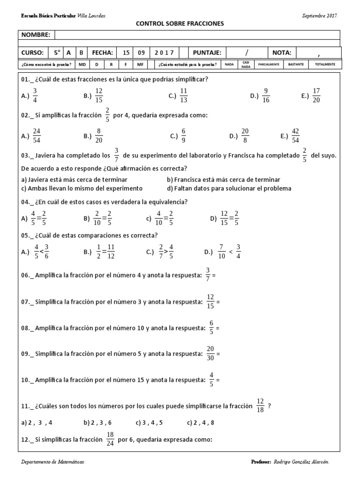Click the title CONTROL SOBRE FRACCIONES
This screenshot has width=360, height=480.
pos(180,23)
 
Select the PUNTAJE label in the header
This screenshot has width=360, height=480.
pos(207,52)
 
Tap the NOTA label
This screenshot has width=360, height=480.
pos(281,52)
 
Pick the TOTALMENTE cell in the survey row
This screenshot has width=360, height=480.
pos(325,64)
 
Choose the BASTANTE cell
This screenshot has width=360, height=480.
pos(296,64)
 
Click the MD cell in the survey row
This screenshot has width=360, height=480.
pos(82,64)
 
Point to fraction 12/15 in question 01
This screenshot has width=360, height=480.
pos(99,96)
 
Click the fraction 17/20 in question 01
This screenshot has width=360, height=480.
pos(315,96)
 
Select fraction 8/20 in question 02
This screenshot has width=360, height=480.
pos(99,136)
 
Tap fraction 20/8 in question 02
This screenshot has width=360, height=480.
pos(245,136)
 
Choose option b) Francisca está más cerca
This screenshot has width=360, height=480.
pos(224,180)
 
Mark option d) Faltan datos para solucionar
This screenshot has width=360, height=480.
pos(229,188)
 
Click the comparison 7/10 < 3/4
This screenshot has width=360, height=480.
pos(230,252)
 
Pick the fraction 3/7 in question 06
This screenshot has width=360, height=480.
pos(208,275)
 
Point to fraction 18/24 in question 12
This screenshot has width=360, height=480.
pos(110,440)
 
